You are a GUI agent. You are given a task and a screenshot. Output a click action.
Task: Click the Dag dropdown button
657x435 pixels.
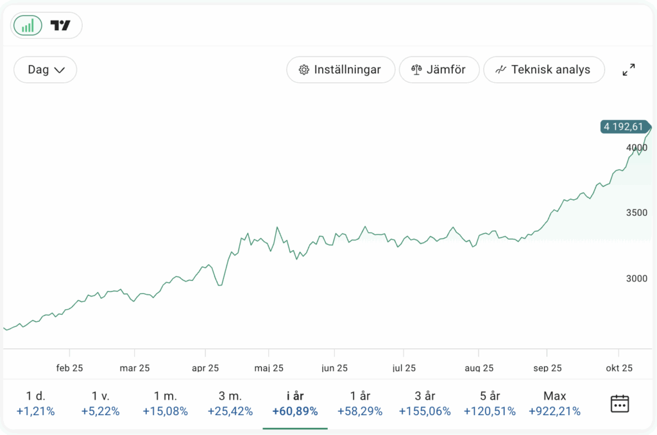(45, 69)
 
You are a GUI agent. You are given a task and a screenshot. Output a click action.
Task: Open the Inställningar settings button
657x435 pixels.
(340, 69)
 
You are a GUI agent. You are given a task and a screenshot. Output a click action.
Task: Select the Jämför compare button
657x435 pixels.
(439, 69)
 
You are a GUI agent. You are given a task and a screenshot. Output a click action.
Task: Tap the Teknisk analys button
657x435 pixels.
(543, 69)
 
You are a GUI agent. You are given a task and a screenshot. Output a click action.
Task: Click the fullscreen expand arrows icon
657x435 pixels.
(629, 70)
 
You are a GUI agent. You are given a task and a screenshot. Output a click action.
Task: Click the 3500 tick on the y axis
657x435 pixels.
(637, 213)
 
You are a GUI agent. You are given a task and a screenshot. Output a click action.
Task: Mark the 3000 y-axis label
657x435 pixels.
(637, 278)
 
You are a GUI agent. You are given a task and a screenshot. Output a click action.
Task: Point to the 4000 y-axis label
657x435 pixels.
(637, 148)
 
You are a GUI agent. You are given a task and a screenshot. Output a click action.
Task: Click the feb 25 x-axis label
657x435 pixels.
(69, 368)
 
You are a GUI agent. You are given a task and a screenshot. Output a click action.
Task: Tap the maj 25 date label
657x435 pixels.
(269, 368)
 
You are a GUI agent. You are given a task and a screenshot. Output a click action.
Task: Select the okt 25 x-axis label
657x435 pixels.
(619, 368)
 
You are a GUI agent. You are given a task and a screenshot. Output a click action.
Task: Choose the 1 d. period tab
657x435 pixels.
(36, 403)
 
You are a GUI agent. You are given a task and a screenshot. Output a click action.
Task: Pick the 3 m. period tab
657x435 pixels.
(230, 403)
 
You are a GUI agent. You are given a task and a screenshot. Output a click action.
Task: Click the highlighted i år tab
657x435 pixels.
(294, 403)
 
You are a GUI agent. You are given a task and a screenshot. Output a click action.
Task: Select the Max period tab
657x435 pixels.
(554, 403)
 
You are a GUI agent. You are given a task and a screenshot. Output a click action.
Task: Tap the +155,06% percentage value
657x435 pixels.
(425, 411)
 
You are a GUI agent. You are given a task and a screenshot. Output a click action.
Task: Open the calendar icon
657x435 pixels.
(619, 404)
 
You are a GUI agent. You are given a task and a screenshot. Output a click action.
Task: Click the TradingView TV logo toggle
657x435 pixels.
(61, 26)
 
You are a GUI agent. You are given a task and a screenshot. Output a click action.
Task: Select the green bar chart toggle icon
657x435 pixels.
(28, 26)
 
